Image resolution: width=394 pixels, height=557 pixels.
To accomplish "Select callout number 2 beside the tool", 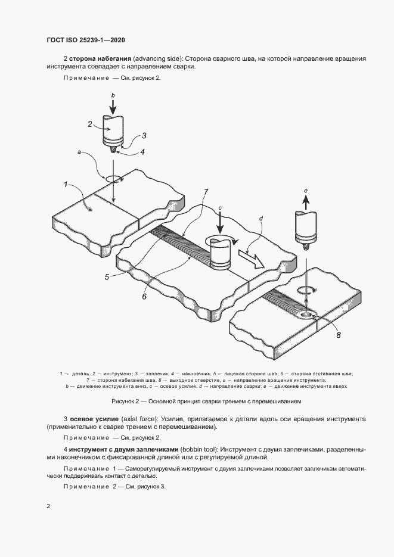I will [90, 125].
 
